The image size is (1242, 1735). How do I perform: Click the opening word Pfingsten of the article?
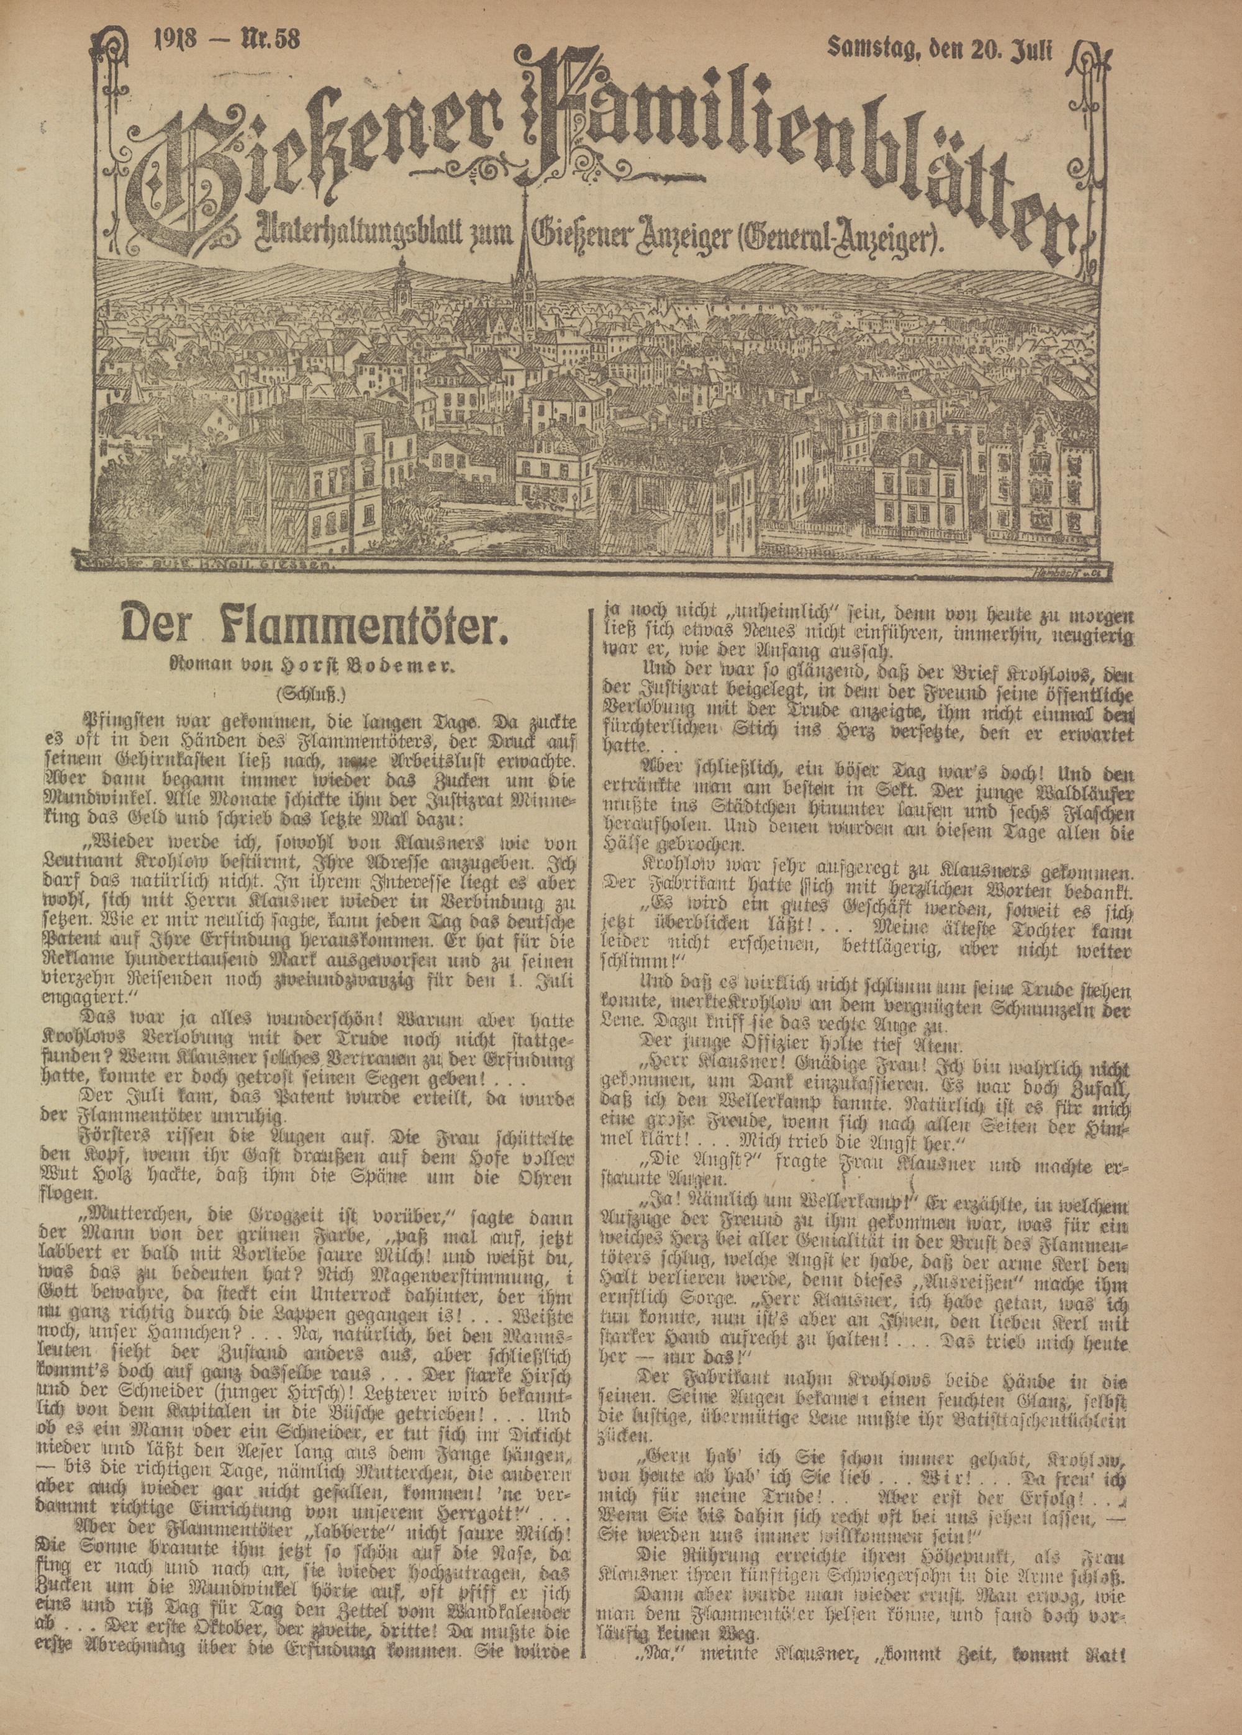122,720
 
